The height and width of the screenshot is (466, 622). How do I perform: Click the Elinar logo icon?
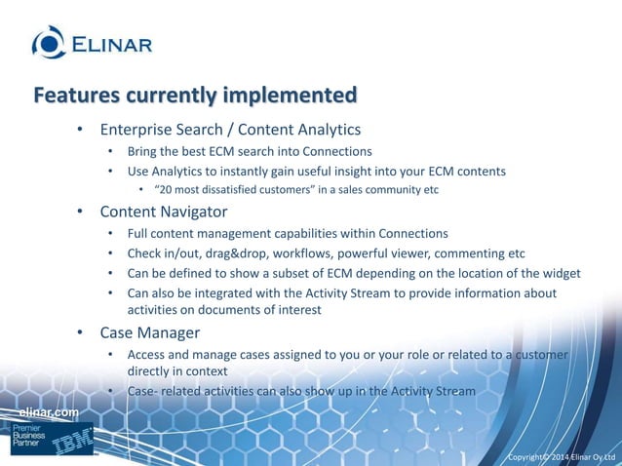click(49, 42)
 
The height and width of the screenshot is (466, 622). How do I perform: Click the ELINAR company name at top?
click(110, 44)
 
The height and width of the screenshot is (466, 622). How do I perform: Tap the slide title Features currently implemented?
click(195, 96)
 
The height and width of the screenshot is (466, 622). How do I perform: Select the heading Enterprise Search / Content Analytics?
click(230, 130)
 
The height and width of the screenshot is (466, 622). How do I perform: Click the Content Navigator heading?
click(163, 211)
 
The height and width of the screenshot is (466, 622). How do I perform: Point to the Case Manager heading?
click(149, 332)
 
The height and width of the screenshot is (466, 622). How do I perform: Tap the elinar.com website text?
click(50, 413)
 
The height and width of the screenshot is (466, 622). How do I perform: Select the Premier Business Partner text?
click(26, 439)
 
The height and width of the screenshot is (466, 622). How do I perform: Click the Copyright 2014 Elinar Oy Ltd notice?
click(564, 456)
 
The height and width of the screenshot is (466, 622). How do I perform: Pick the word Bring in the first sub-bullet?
click(144, 151)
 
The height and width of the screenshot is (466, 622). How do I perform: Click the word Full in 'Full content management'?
click(138, 233)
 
